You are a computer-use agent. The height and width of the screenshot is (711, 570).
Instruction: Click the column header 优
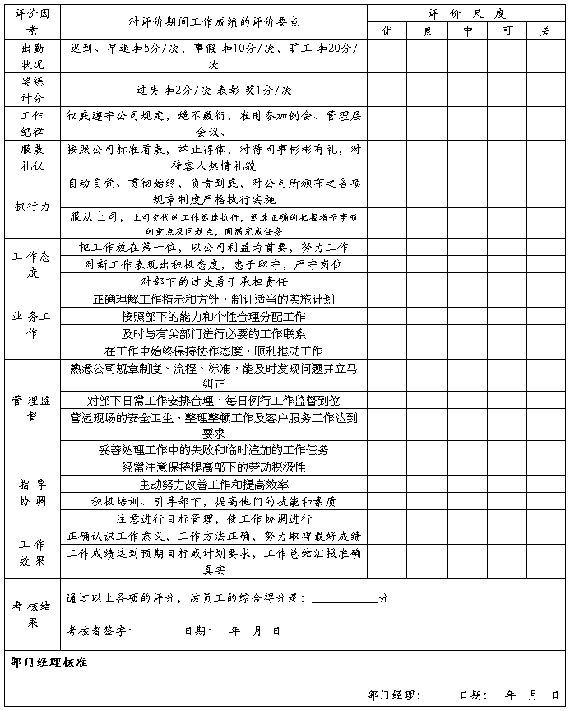click(387, 30)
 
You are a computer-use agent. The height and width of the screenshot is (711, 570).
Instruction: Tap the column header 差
click(546, 30)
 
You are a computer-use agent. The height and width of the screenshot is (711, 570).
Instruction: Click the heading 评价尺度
click(466, 14)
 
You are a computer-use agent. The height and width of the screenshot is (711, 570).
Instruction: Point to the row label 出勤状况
click(32, 56)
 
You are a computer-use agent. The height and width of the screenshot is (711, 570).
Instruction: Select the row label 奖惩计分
click(32, 90)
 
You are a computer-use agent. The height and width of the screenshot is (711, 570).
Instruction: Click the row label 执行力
click(32, 206)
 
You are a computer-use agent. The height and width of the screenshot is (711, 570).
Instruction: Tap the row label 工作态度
click(32, 264)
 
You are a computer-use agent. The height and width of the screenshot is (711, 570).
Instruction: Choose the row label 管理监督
click(32, 408)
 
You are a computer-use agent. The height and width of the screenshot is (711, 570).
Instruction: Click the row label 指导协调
click(32, 492)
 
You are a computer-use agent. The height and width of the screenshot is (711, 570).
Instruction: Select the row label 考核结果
click(32, 614)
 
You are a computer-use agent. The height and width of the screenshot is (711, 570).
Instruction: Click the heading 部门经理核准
click(49, 662)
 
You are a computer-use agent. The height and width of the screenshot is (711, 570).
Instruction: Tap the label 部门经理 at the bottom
click(394, 695)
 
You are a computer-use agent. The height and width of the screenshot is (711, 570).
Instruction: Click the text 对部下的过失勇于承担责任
click(214, 281)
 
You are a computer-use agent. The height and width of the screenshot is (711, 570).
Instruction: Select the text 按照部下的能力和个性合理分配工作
click(214, 316)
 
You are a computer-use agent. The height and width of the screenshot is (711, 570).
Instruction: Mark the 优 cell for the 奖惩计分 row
click(387, 90)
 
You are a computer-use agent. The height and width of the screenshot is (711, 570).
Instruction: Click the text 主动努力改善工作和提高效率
click(214, 485)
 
